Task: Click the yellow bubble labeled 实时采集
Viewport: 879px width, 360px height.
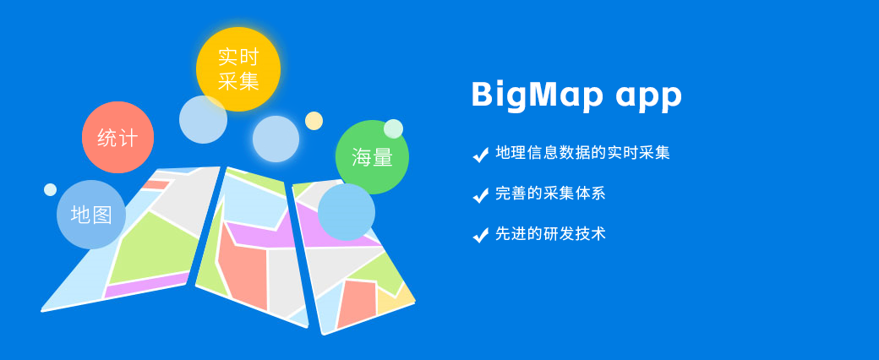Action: [x=238, y=68]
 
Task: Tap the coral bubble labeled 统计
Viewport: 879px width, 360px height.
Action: [x=117, y=138]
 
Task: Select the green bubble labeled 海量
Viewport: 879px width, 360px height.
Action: [x=372, y=157]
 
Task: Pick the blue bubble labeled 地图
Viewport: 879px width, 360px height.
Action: [x=91, y=214]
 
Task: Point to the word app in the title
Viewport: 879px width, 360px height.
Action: [x=648, y=97]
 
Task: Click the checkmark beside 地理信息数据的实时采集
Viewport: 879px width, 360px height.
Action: [x=480, y=154]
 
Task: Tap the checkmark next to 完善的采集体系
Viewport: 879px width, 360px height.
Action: [x=480, y=194]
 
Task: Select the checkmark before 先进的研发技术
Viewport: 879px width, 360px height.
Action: [x=480, y=235]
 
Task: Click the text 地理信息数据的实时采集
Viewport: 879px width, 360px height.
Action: [x=583, y=153]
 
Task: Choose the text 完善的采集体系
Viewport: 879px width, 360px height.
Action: [x=550, y=194]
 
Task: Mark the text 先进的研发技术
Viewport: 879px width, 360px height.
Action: [x=550, y=234]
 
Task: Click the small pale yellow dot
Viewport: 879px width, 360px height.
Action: [x=314, y=121]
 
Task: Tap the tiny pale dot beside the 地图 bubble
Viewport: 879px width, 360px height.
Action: [x=51, y=189]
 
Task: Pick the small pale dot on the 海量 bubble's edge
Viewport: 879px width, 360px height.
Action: [x=394, y=128]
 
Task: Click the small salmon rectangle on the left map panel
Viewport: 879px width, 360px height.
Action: [x=156, y=184]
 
